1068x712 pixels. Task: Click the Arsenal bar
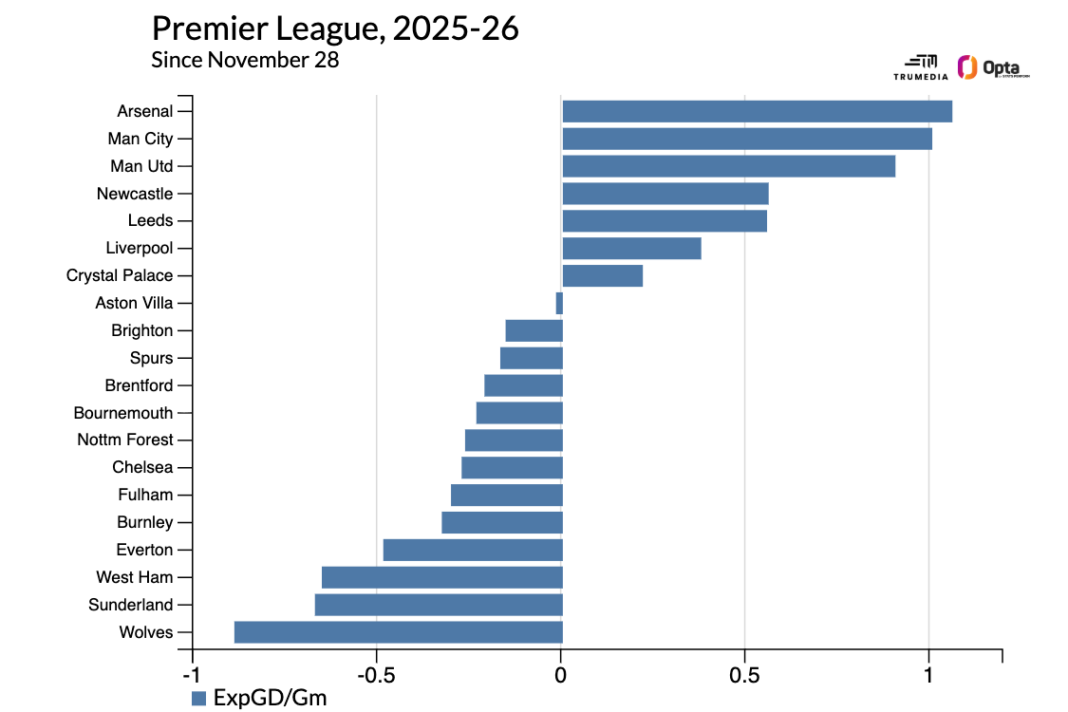757,111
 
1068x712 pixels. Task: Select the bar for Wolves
399,632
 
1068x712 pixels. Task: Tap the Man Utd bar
728,166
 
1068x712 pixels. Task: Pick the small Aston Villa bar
559,304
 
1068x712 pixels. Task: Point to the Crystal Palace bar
602,276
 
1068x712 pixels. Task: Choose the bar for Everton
473,551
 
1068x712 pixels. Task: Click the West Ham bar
442,577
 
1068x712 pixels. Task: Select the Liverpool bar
631,249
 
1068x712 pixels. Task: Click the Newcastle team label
135,194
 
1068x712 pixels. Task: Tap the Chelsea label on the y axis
142,467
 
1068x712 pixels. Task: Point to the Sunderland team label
131,605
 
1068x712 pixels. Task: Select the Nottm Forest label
125,440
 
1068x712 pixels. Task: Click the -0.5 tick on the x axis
376,675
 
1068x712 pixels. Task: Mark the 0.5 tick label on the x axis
744,675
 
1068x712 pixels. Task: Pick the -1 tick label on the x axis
192,675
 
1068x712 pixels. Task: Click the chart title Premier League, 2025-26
335,28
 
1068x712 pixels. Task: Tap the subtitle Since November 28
245,60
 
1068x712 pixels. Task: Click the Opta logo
993,68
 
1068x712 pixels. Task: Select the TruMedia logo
920,66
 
